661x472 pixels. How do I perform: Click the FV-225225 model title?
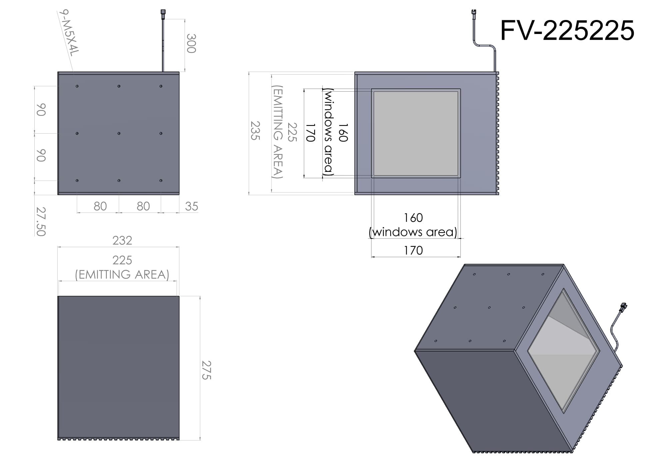(567, 31)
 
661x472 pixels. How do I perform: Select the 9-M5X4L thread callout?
(69, 32)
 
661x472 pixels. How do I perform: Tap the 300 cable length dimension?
(191, 43)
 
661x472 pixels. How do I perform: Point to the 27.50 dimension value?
(41, 222)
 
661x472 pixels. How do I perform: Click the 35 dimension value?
(192, 207)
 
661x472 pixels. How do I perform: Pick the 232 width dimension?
(122, 240)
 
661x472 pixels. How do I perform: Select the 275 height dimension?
(206, 370)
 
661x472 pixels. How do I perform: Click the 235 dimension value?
(255, 131)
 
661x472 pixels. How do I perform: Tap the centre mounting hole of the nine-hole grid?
(119, 134)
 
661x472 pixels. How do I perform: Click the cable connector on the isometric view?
(623, 307)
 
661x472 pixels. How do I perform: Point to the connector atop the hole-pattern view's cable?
(163, 12)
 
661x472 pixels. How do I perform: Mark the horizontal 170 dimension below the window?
(413, 250)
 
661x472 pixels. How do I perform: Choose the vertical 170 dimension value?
(311, 133)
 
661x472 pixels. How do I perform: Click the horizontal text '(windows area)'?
(413, 232)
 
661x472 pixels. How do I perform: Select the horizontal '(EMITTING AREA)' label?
(122, 275)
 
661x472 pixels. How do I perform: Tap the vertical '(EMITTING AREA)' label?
(278, 132)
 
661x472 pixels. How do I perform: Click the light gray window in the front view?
(416, 133)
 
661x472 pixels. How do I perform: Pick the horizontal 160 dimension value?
(413, 218)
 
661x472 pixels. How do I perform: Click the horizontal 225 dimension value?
(122, 260)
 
